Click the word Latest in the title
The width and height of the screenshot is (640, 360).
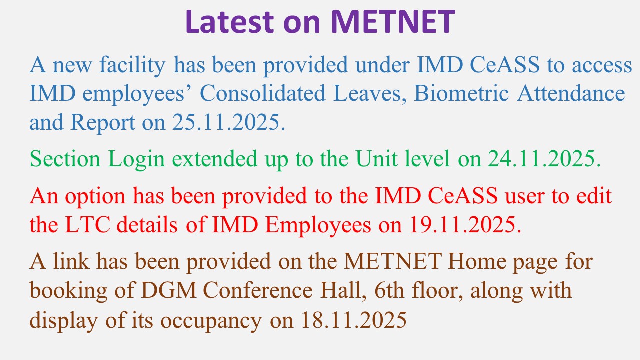230,22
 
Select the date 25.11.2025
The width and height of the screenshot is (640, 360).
229,122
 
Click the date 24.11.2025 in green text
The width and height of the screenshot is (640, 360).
544,159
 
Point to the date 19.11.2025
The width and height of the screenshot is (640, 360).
465,225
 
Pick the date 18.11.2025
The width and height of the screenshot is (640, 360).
354,320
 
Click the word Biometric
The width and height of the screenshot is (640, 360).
461,93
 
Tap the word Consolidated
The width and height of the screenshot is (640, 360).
263,93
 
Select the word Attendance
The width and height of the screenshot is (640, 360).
571,93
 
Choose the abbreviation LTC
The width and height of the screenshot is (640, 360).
87,225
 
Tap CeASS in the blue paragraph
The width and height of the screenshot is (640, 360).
505,64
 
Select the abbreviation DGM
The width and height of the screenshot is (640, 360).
168,290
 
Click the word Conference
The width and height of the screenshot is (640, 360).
258,290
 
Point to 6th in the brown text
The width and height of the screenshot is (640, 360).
389,290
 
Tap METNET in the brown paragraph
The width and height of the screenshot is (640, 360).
393,261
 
